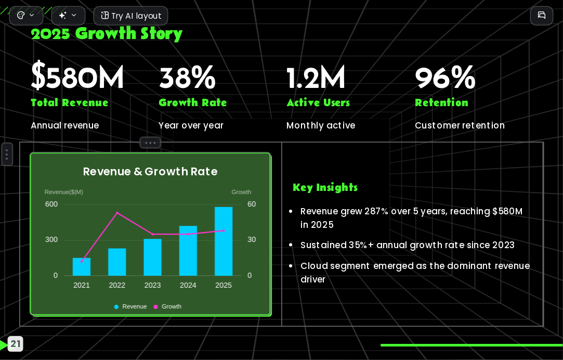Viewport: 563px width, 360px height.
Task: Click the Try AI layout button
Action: pos(130,16)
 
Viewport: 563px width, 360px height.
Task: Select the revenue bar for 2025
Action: pos(224,241)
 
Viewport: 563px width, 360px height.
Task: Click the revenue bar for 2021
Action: pos(82,266)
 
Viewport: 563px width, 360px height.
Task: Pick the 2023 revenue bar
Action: pos(153,257)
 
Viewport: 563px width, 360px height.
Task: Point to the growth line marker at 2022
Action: pos(117,213)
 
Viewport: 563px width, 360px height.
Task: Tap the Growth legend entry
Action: pos(167,306)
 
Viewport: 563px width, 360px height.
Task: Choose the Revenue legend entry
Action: pos(130,306)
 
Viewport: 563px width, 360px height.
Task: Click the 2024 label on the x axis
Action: pos(188,285)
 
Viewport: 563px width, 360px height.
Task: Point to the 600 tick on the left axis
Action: pos(51,204)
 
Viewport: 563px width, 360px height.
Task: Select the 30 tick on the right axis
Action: pos(252,240)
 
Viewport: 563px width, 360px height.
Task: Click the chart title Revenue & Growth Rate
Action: pos(150,171)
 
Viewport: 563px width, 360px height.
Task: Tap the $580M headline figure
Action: pos(77,76)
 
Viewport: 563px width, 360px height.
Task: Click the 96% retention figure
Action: pos(445,77)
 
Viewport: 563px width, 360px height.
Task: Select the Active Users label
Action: pos(318,103)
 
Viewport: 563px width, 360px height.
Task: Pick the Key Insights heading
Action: pos(325,188)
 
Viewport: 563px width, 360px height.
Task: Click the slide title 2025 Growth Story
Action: pos(107,34)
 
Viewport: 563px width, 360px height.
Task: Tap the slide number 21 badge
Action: pos(15,344)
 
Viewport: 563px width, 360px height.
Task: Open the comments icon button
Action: pos(542,16)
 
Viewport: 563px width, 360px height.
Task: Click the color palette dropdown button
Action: pos(26,16)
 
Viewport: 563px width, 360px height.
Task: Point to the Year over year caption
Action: pos(191,125)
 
